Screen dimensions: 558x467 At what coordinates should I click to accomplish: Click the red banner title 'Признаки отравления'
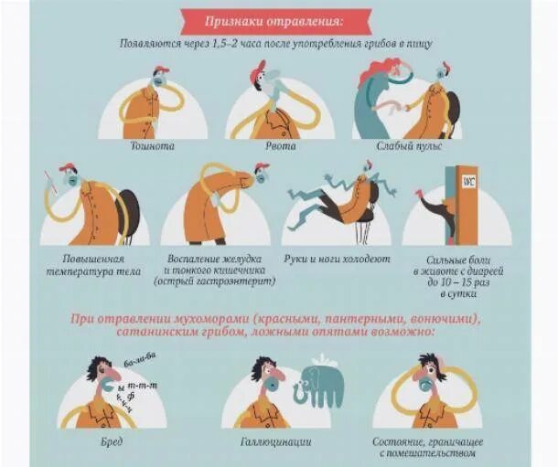click(x=274, y=22)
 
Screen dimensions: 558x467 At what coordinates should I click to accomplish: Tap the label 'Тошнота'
click(x=153, y=146)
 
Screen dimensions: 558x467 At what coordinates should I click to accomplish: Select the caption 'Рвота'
click(x=281, y=146)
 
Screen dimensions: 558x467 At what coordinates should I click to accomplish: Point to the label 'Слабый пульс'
click(x=409, y=146)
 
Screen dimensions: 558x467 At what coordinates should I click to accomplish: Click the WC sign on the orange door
click(x=468, y=181)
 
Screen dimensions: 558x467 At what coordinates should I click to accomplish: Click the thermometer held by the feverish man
click(x=51, y=183)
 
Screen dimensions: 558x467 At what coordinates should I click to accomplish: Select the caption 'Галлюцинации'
click(x=276, y=442)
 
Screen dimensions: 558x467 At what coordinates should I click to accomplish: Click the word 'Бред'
click(x=112, y=442)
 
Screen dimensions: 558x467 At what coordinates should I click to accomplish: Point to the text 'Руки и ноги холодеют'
click(x=337, y=260)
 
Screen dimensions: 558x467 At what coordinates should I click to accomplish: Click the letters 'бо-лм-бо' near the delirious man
click(x=140, y=360)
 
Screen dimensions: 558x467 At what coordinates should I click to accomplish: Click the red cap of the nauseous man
click(x=161, y=69)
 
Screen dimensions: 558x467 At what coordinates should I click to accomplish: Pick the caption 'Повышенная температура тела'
click(x=94, y=265)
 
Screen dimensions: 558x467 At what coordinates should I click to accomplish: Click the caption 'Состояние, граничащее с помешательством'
click(x=427, y=448)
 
